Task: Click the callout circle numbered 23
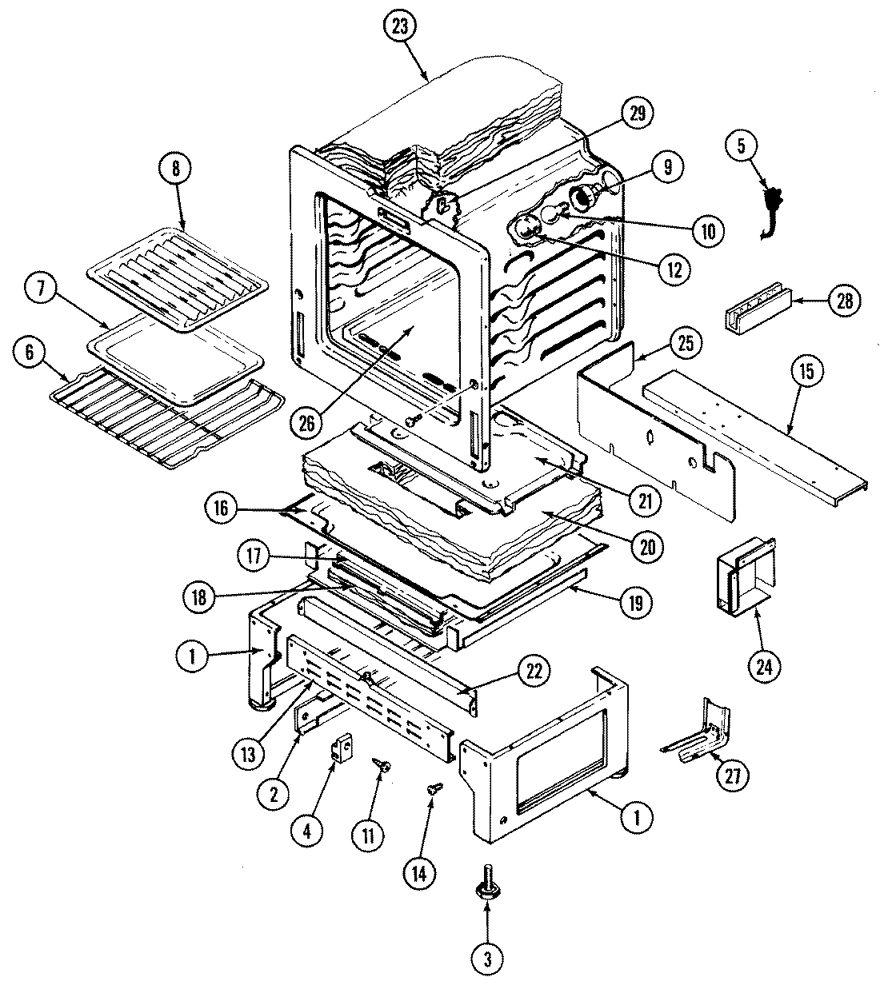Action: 400,26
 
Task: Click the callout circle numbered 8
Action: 176,169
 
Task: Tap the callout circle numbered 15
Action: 806,371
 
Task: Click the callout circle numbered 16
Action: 222,507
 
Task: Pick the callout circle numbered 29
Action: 637,113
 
